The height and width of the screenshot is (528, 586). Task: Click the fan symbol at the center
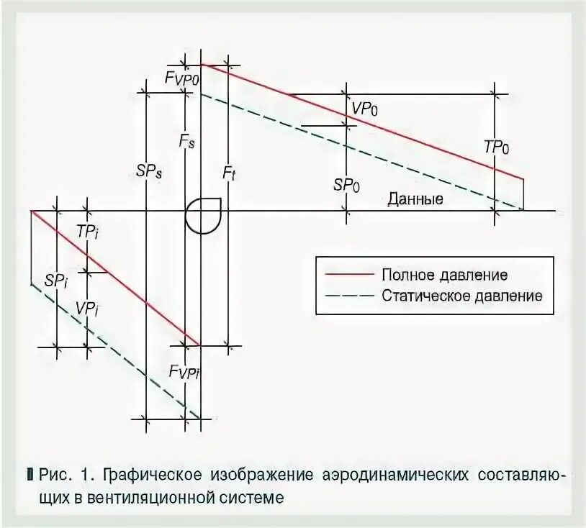[204, 214]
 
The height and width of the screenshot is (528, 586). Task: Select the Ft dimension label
[229, 175]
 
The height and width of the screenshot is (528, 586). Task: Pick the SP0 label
[347, 185]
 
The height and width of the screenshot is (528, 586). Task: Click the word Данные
[415, 199]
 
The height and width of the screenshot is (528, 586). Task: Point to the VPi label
[86, 307]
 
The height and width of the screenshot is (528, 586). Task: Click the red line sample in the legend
[350, 275]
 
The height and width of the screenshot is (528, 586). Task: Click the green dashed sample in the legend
[350, 295]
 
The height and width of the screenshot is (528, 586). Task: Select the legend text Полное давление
[445, 275]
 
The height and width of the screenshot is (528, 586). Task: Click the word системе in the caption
[251, 496]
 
